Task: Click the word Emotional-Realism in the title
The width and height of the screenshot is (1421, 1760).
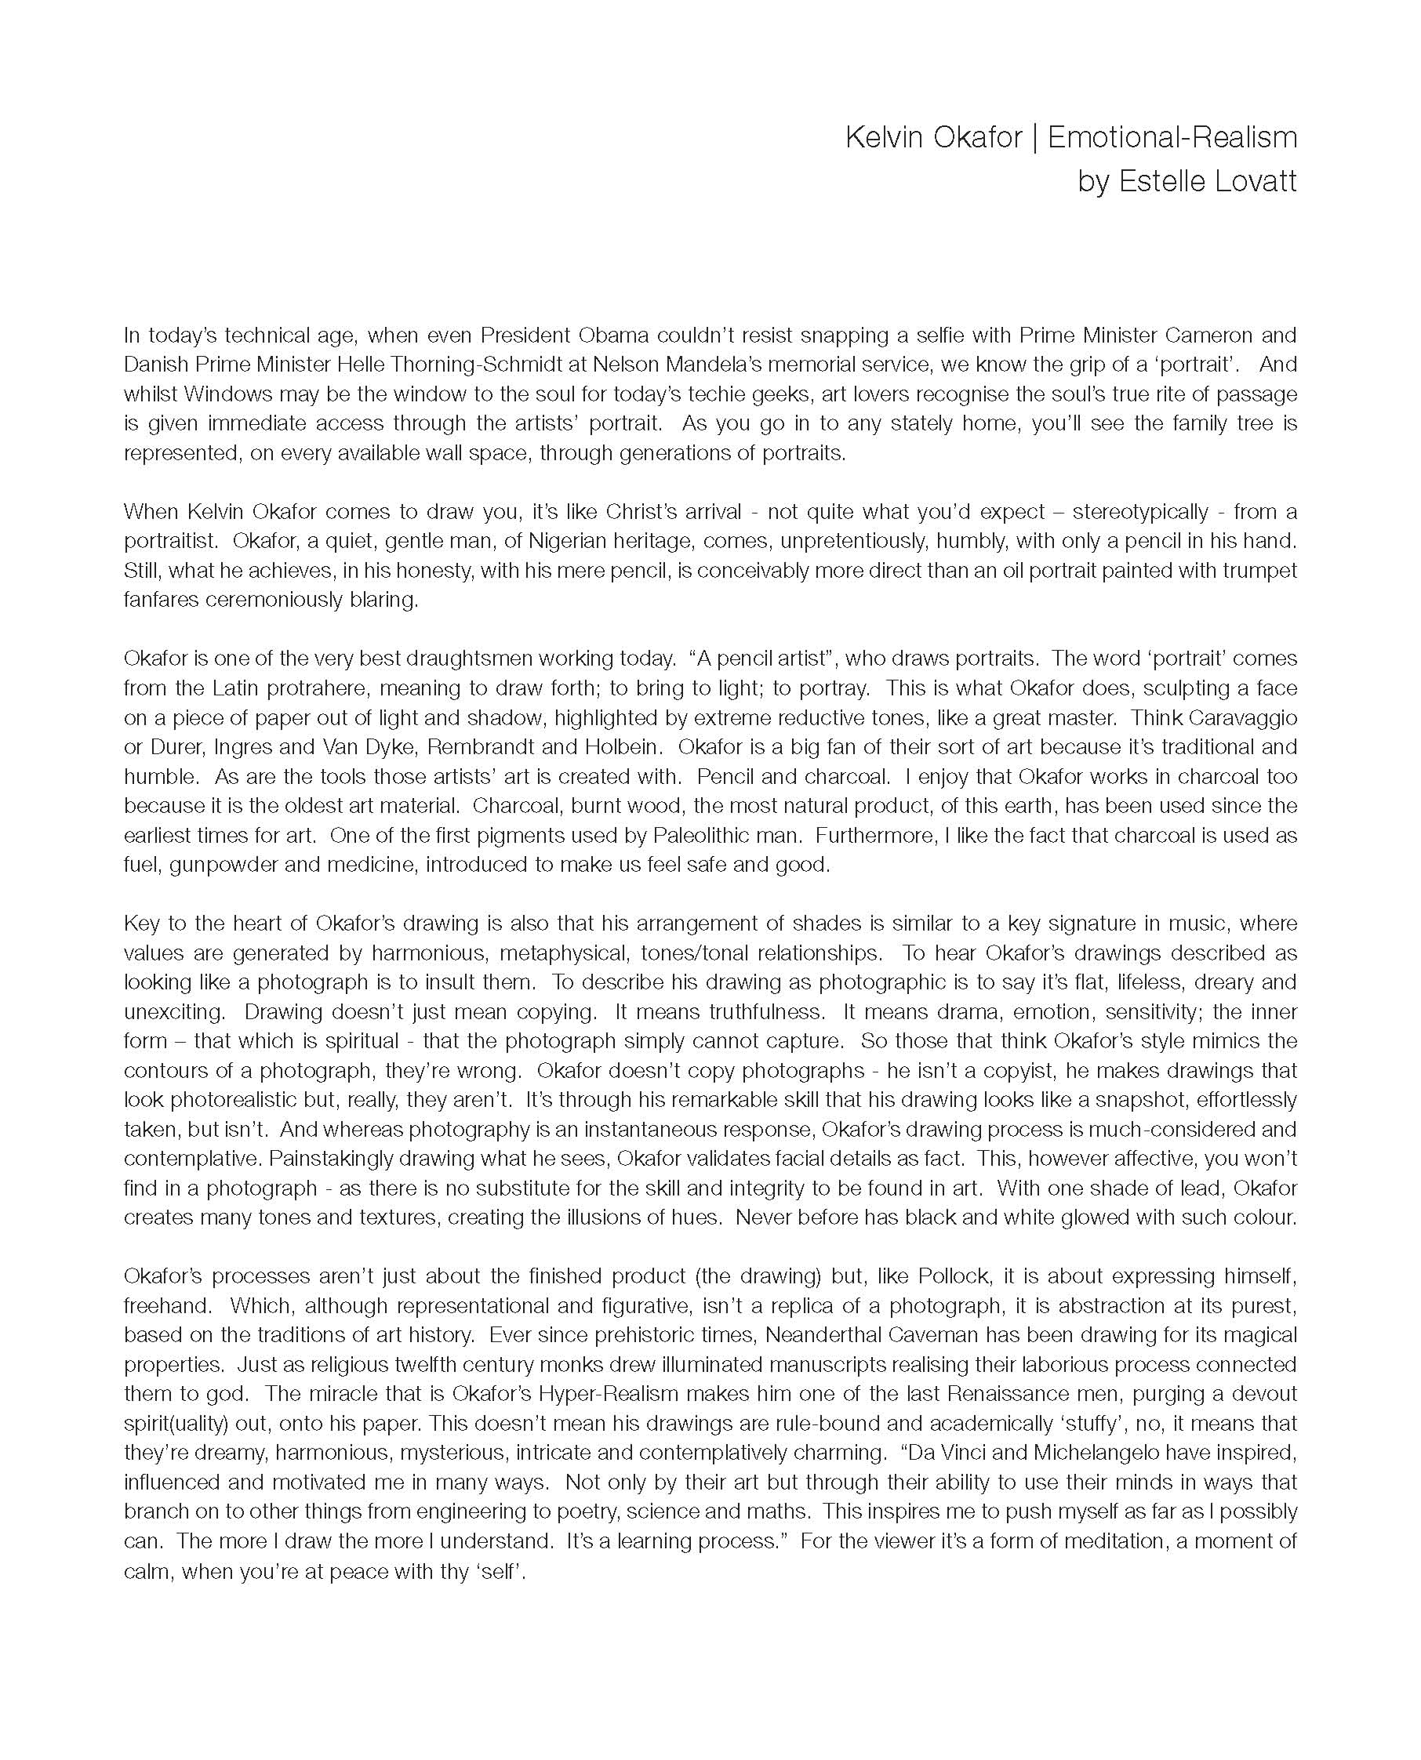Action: (1172, 137)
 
